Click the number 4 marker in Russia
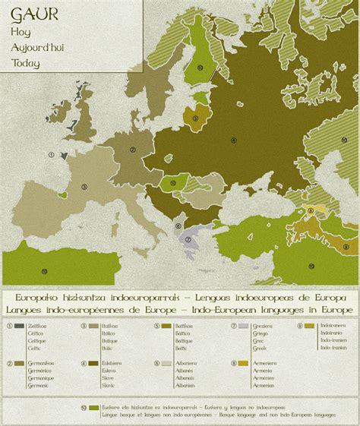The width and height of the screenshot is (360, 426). tap(234, 140)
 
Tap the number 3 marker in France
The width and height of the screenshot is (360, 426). tap(84, 186)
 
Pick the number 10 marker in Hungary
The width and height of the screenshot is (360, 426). tap(172, 183)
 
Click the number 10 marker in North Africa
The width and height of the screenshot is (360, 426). tap(44, 271)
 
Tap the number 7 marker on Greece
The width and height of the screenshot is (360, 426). tap(188, 240)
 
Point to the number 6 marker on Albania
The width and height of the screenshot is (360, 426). tap(178, 225)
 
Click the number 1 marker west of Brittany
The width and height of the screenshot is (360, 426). tap(52, 154)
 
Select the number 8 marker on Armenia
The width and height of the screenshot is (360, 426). tap(310, 211)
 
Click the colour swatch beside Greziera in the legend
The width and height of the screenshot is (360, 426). tap(243, 326)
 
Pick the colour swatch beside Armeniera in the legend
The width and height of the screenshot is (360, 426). tap(243, 364)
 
